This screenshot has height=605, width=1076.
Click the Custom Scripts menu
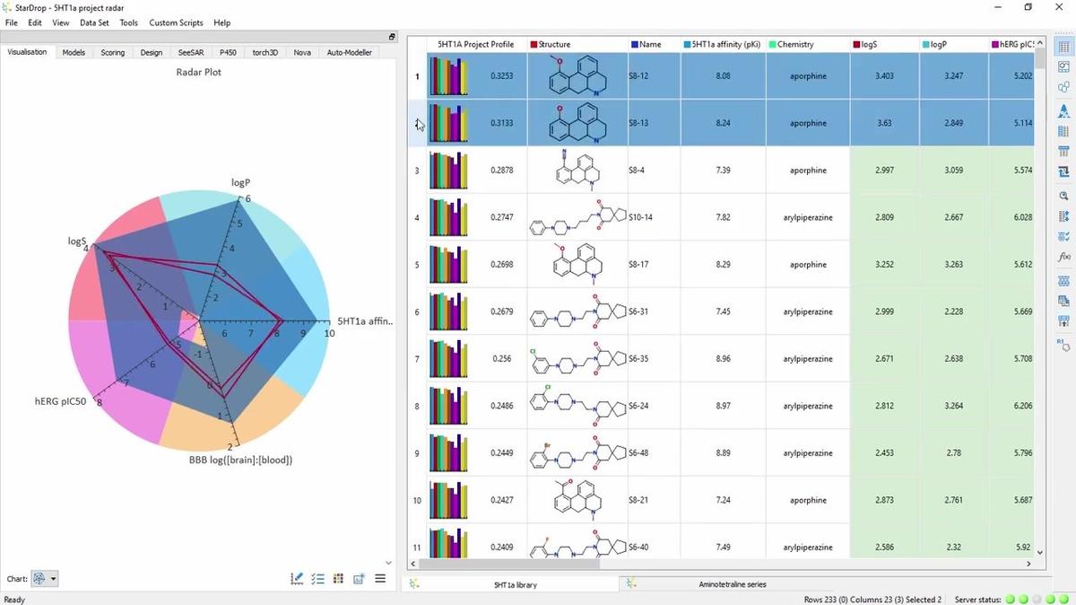pos(176,22)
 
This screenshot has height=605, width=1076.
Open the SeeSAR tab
pos(190,52)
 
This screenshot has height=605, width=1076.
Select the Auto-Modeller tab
pos(349,52)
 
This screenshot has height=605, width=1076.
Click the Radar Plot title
pos(198,72)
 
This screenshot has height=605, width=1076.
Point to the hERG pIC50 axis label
pos(61,401)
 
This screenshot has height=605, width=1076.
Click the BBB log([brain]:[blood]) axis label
pos(240,460)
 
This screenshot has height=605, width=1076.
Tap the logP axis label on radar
pos(240,182)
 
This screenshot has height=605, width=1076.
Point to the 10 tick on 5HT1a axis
pos(329,334)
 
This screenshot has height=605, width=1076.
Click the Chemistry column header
pos(795,44)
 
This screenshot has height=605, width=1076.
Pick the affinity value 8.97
pos(723,406)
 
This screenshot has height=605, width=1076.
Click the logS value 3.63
pos(883,123)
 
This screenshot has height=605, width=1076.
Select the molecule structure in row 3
pos(577,170)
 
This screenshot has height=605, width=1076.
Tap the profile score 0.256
pos(501,359)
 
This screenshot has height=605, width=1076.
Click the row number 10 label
pos(417,500)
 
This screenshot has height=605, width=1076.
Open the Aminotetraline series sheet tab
pos(732,584)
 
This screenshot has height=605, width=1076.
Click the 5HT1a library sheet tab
pos(515,584)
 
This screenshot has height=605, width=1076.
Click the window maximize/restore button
pos(1028,7)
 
